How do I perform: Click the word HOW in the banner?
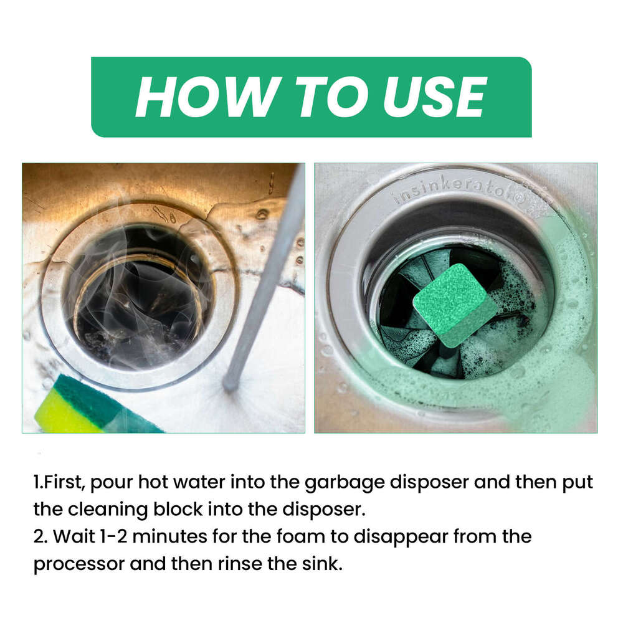click(x=206, y=97)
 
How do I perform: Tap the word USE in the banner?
click(x=435, y=97)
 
